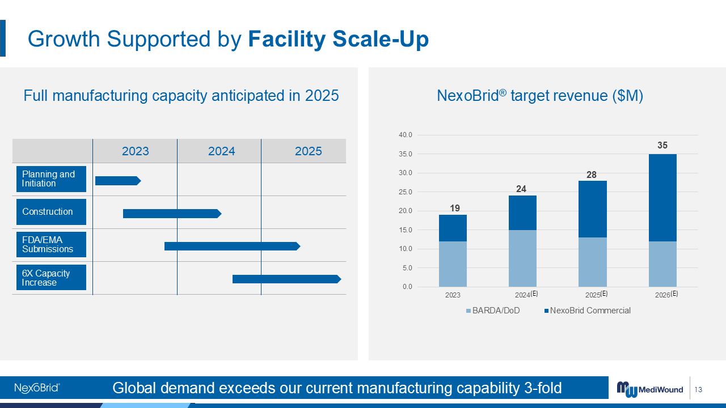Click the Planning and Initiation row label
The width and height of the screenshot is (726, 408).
[51, 179]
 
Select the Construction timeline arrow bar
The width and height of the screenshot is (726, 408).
[171, 214]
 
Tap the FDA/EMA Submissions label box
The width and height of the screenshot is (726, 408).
[51, 245]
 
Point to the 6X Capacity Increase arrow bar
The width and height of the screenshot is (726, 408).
[286, 279]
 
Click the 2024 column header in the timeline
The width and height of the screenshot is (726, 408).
[221, 151]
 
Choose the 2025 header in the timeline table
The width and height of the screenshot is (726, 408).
[308, 151]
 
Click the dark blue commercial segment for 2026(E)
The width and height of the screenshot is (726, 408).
[662, 198]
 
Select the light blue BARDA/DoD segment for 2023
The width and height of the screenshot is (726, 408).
[453, 264]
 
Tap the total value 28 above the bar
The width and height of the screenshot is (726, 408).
[592, 175]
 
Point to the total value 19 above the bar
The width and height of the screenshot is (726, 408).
[455, 209]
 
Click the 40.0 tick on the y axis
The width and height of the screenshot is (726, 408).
[406, 135]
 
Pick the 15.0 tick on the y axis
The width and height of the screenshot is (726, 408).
[406, 230]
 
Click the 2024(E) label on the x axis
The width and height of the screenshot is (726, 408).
[526, 295]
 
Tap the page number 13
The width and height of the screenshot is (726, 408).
[698, 390]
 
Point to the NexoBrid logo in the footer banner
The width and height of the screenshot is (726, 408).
[37, 388]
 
